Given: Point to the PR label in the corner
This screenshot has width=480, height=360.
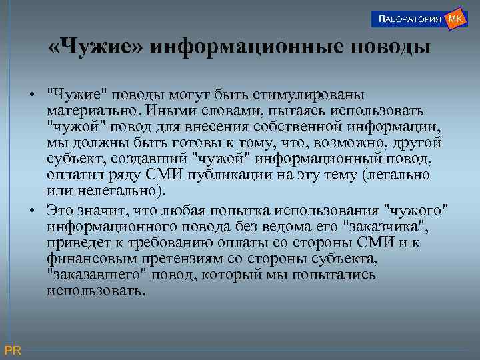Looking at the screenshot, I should coord(13,350).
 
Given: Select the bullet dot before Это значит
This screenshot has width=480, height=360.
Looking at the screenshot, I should coord(32,209).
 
